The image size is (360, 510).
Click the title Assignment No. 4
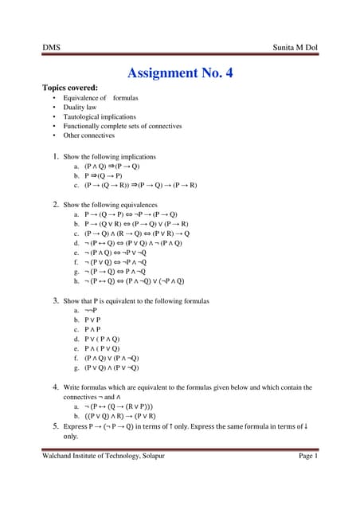point(180,73)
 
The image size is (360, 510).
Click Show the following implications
point(110,157)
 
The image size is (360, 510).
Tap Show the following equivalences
point(112,205)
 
